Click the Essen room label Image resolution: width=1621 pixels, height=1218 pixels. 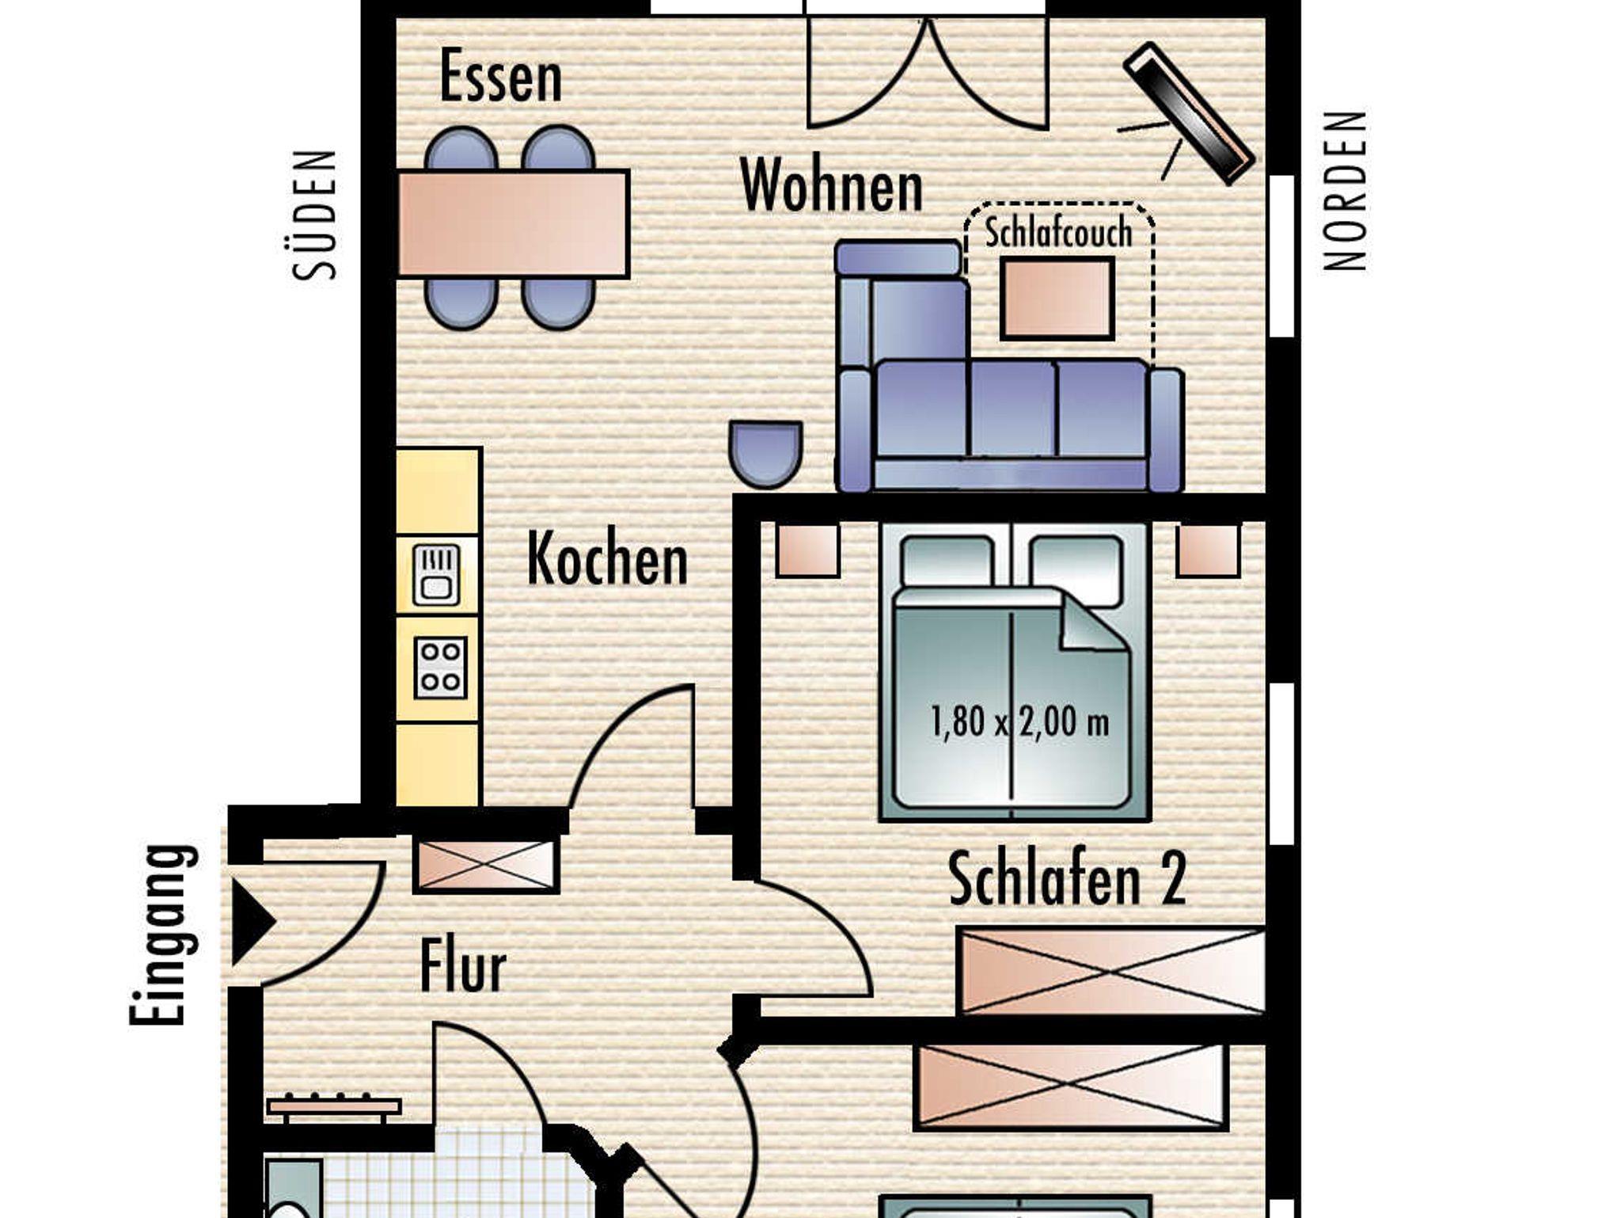(x=500, y=76)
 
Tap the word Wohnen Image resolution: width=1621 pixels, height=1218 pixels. (x=832, y=185)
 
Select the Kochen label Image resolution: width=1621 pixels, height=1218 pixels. (x=607, y=558)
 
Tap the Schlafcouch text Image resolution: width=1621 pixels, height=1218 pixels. (x=1058, y=232)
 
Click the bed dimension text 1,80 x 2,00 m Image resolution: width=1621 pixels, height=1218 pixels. (x=1020, y=722)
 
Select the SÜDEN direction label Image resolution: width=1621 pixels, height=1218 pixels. (x=315, y=215)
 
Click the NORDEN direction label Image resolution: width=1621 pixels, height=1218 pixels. (x=1346, y=190)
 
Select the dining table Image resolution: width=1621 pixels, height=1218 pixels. (x=513, y=224)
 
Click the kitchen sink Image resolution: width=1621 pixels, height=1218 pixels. (x=436, y=575)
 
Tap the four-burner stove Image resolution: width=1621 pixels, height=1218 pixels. (x=440, y=668)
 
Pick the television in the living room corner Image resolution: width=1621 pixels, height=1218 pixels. (x=1189, y=114)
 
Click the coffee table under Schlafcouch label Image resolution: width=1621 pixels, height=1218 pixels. (x=1057, y=299)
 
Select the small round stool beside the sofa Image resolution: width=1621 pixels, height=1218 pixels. (x=765, y=453)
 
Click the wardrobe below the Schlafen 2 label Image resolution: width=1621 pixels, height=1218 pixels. (x=1111, y=970)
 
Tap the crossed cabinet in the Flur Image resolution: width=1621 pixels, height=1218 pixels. (x=486, y=864)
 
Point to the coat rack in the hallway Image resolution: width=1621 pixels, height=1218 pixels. (x=334, y=1107)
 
